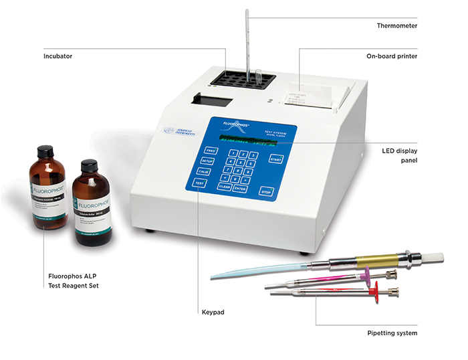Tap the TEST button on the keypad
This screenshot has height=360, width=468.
pos(199,183)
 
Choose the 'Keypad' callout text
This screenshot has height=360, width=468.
pos(211,312)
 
